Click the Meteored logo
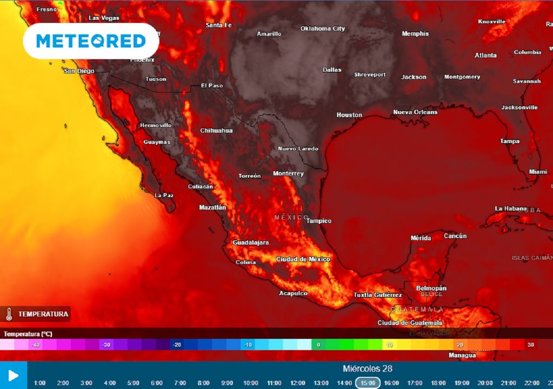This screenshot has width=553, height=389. pyautogui.click(x=91, y=41)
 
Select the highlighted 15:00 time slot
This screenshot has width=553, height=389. pyautogui.click(x=368, y=383)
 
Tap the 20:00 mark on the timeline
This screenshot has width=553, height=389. pyautogui.click(x=485, y=383)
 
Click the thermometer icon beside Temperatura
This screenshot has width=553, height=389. pyautogui.click(x=9, y=314)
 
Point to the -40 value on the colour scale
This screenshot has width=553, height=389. pyautogui.click(x=36, y=345)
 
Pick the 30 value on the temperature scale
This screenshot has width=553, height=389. pyautogui.click(x=531, y=345)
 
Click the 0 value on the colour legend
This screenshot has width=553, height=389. pyautogui.click(x=318, y=345)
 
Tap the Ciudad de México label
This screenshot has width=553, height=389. pyautogui.click(x=302, y=259)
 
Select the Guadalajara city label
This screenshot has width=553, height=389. pyautogui.click(x=251, y=243)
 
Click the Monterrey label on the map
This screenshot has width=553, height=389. pyautogui.click(x=288, y=173)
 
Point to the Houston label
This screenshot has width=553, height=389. pyautogui.click(x=349, y=115)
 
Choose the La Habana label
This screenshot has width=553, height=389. pyautogui.click(x=510, y=209)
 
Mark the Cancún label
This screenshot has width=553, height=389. pyautogui.click(x=455, y=236)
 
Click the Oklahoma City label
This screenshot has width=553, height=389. pyautogui.click(x=322, y=29)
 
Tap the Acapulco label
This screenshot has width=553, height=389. pyautogui.click(x=293, y=293)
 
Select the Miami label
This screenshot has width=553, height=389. pyautogui.click(x=538, y=171)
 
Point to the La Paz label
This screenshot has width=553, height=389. pyautogui.click(x=164, y=195)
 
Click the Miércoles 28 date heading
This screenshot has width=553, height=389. pyautogui.click(x=367, y=369)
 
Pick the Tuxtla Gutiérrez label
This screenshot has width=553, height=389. pyautogui.click(x=377, y=295)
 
